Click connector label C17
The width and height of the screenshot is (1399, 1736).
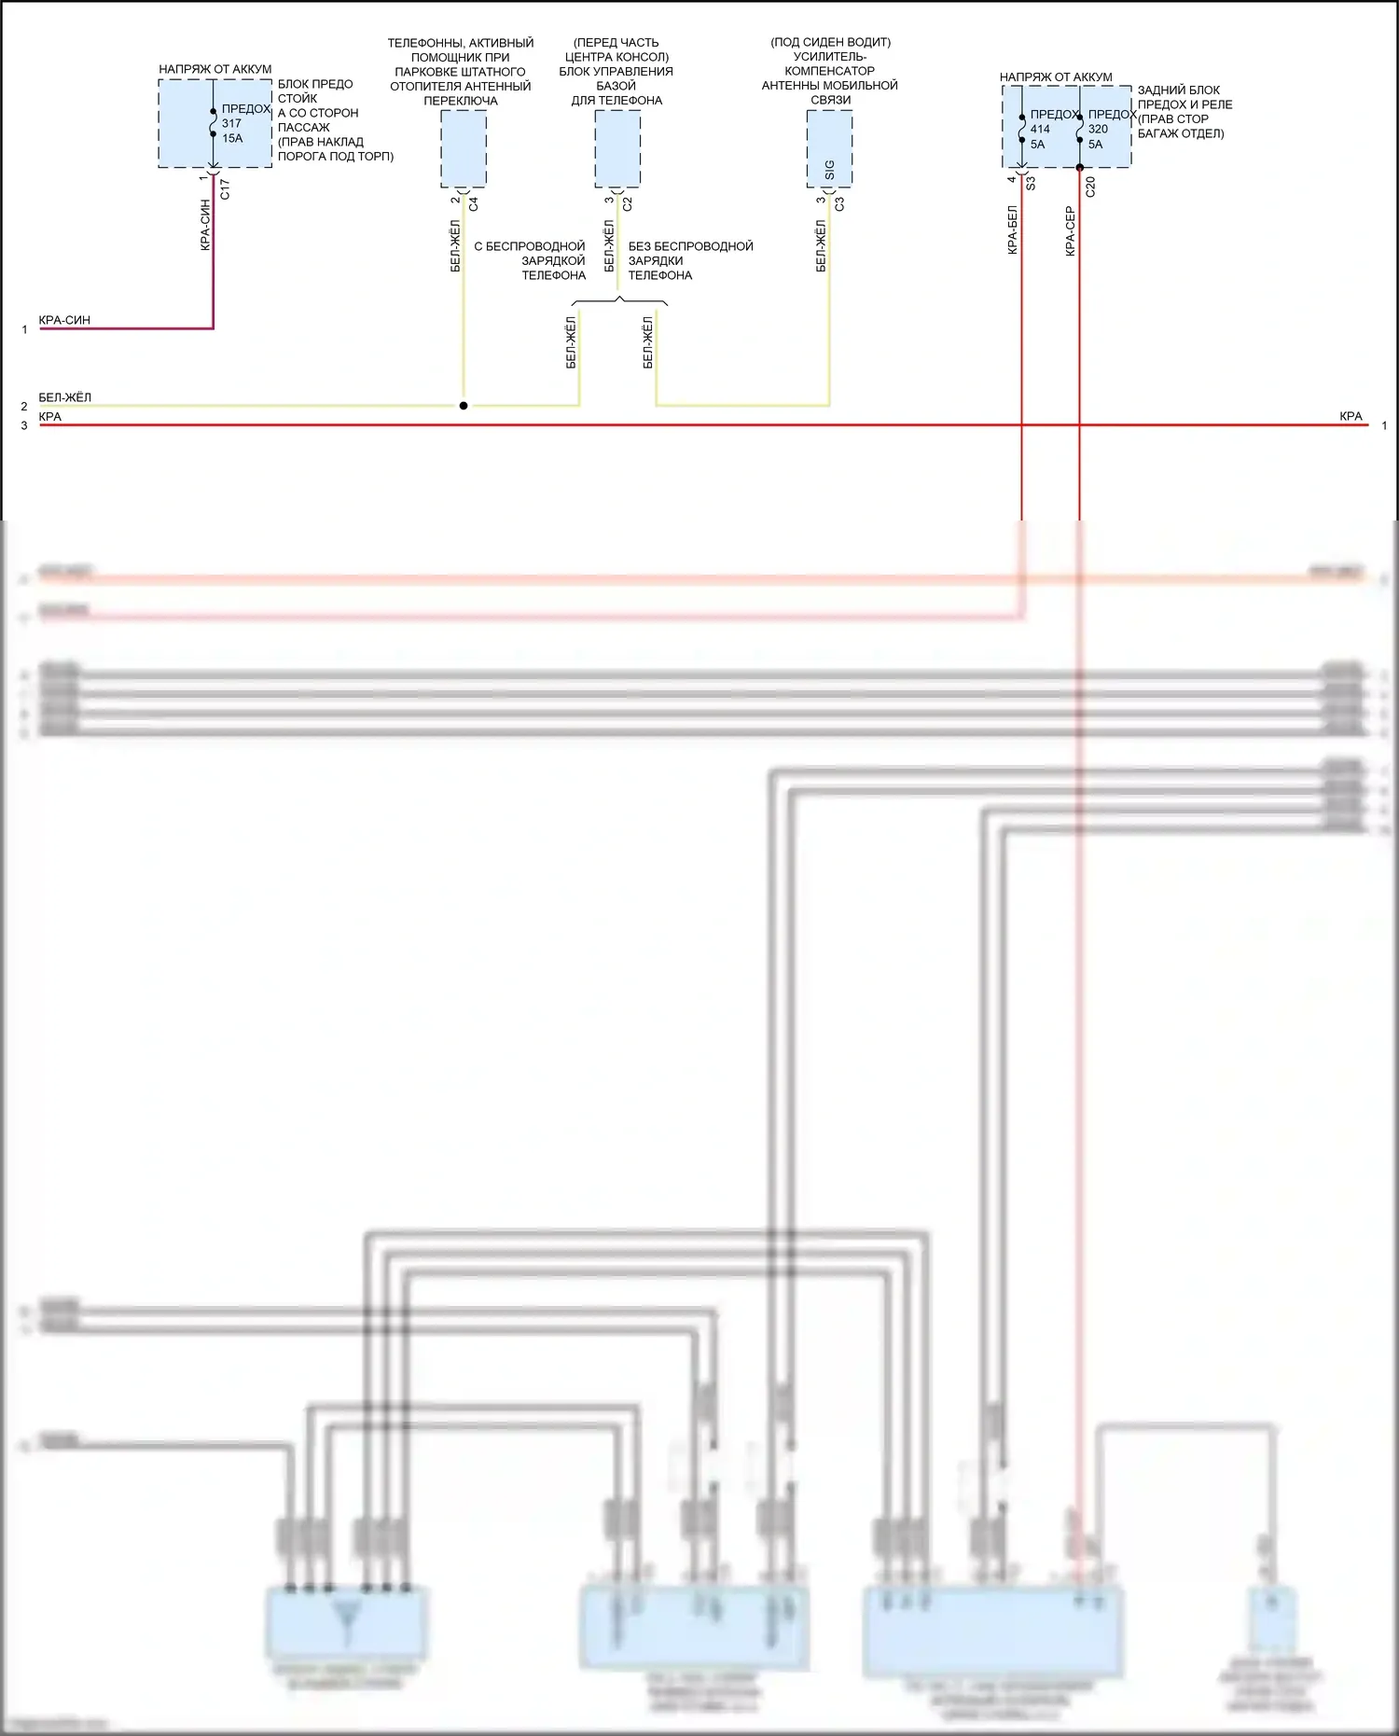point(224,189)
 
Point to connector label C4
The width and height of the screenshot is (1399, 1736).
point(473,202)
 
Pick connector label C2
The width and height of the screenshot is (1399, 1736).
point(628,202)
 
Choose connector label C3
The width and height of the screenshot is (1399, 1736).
point(839,202)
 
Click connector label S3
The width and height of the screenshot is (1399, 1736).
point(1031,184)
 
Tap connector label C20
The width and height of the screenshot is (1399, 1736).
point(1090,187)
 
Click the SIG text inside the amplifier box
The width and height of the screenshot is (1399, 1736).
point(829,170)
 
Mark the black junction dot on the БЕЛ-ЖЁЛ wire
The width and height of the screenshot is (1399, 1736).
point(464,406)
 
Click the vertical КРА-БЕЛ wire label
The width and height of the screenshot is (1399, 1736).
point(1012,230)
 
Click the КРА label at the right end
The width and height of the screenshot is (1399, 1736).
point(1351,416)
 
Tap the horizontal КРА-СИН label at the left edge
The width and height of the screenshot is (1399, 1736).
point(64,320)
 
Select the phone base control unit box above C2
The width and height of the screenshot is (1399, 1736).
point(617,148)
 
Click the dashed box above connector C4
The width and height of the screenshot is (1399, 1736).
point(464,148)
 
